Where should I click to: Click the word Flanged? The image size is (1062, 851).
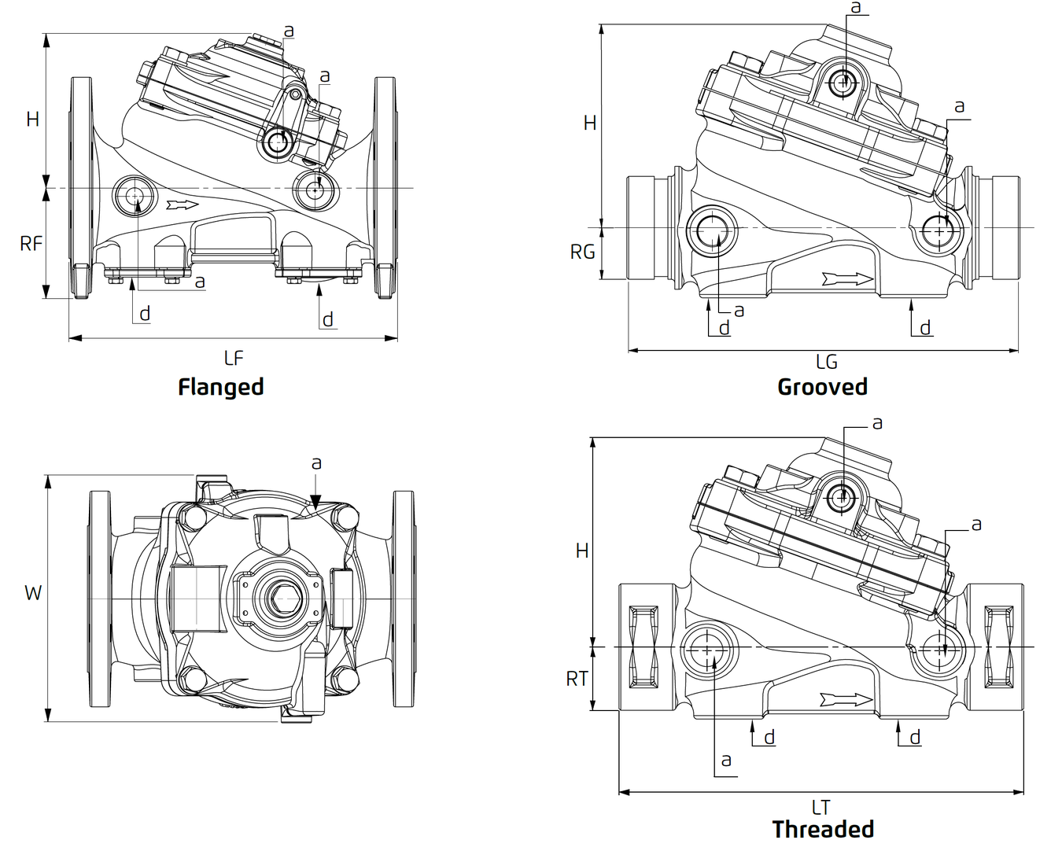(220, 387)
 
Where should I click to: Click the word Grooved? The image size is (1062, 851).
(822, 387)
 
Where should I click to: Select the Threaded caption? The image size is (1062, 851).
(823, 829)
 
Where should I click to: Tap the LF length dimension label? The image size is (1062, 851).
(234, 359)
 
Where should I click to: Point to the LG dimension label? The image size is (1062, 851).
(826, 362)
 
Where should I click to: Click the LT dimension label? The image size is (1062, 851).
(820, 808)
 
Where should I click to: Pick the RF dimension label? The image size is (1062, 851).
(31, 244)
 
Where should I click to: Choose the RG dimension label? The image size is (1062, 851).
(582, 252)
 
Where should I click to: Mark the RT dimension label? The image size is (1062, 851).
(577, 679)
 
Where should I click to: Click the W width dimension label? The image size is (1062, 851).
(32, 593)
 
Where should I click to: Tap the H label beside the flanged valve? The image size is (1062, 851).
(32, 120)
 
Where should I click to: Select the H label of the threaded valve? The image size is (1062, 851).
(582, 551)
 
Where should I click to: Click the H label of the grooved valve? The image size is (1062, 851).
(590, 123)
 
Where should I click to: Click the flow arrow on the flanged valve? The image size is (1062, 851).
(183, 205)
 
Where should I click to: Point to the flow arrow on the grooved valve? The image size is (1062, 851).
(847, 279)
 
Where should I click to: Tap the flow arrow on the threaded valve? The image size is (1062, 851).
(846, 699)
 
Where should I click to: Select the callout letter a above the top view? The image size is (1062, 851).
(316, 463)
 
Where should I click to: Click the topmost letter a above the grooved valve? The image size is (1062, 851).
(856, 8)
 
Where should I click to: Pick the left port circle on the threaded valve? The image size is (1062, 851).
(706, 649)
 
